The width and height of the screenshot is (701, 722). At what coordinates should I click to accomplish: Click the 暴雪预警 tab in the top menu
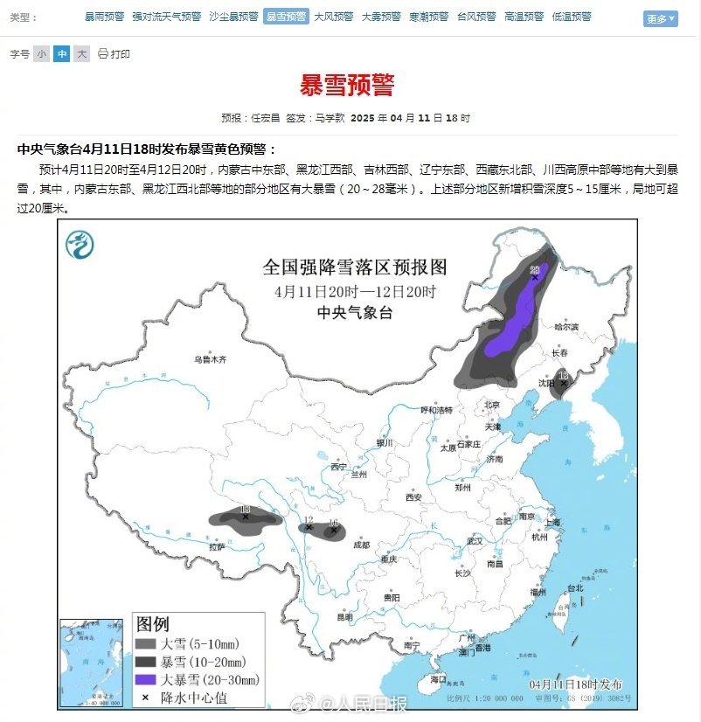point(286,17)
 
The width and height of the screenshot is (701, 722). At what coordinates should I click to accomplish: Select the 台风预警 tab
point(476,17)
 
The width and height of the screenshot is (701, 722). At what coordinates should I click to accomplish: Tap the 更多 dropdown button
point(660,18)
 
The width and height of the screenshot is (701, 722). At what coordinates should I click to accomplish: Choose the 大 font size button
point(81,54)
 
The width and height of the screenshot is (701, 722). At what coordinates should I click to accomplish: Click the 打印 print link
point(115,54)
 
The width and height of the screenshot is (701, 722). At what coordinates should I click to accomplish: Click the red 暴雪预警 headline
point(347,86)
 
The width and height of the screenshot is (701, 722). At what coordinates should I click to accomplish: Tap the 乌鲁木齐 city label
point(210,359)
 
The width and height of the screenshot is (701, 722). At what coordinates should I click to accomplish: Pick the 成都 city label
point(361,545)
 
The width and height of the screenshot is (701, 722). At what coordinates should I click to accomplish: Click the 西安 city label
point(413,497)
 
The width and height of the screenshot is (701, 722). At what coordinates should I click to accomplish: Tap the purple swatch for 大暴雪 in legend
point(146,679)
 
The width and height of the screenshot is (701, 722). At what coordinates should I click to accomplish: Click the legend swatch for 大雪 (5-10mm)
point(146,644)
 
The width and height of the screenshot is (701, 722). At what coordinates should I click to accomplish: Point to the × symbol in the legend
point(146,697)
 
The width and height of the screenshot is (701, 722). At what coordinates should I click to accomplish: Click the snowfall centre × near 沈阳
point(563,384)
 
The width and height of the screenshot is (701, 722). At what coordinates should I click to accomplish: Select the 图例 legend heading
point(152,624)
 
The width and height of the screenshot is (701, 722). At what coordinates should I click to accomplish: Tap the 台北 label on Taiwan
point(574,588)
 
